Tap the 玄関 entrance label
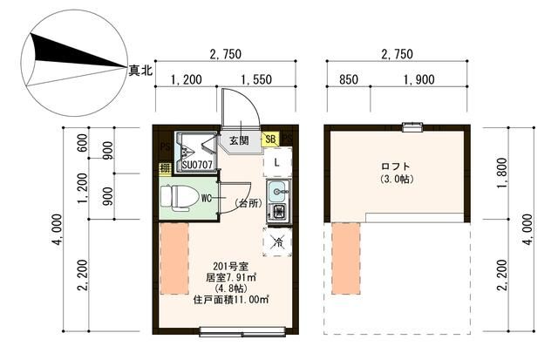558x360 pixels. point(239,139)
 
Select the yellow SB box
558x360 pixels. point(270,139)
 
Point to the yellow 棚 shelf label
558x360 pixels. point(163,167)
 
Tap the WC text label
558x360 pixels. point(208,198)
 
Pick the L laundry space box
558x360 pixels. point(276,162)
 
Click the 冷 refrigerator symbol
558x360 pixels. point(278,242)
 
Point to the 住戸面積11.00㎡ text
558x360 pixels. point(230,299)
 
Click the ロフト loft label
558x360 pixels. point(395,166)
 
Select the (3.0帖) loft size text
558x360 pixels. point(396,180)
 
